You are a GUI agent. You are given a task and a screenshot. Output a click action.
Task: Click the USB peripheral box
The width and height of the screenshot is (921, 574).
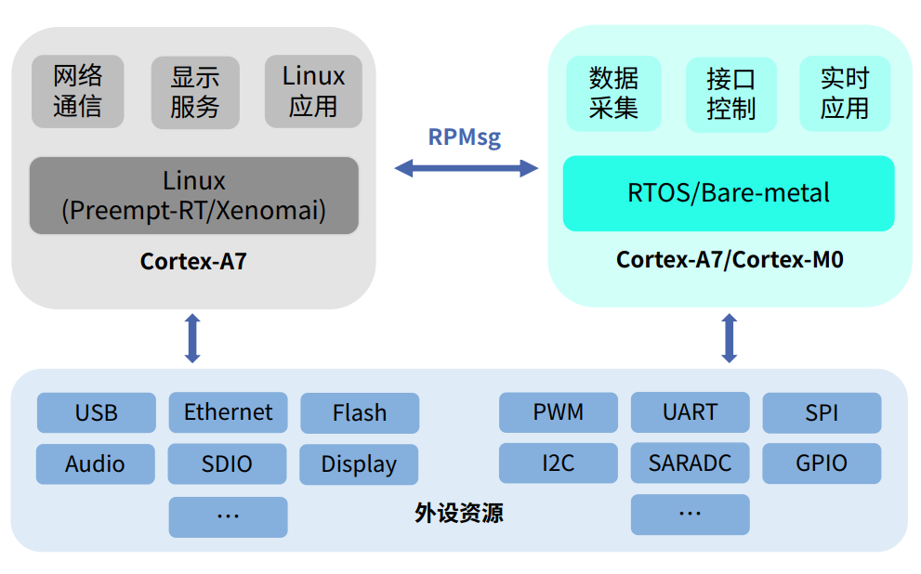pos(97,412)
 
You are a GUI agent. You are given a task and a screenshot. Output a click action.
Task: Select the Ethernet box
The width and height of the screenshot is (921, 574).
pos(228,412)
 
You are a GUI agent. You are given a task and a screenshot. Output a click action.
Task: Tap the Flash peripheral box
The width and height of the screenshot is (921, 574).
pos(360,413)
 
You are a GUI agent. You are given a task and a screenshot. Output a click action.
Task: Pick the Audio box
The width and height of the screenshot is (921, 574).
pos(95,464)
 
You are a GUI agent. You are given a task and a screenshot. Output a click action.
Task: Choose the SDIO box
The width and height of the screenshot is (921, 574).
pos(227,463)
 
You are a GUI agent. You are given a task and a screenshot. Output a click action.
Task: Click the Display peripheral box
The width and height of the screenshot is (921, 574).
pos(359,464)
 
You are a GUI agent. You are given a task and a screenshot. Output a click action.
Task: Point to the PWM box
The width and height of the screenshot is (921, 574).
pos(558,412)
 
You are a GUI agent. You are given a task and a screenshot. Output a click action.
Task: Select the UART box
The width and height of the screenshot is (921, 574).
pos(691,412)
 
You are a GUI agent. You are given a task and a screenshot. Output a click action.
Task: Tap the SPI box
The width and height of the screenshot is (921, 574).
pos(822,413)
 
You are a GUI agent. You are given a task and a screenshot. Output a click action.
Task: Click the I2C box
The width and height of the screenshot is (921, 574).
pos(558,463)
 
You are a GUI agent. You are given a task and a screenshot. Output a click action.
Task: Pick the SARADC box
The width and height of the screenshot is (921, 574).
pos(691,463)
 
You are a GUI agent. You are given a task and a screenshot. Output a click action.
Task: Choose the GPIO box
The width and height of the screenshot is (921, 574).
pos(822,463)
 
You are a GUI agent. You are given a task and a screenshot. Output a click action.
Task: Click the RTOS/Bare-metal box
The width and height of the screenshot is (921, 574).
pos(729,193)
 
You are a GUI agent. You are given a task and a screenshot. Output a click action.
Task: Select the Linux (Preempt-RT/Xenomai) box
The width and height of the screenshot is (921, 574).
pos(194,195)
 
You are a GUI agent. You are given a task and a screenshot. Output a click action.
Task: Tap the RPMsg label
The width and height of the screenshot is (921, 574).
pos(465,137)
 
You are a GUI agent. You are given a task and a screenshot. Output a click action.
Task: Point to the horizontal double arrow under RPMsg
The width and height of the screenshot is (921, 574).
pos(466,168)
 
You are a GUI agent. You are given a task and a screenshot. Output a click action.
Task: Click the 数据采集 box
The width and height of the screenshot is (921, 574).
pos(613,93)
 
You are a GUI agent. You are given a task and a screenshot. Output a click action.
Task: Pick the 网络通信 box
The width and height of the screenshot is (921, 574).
pos(77,92)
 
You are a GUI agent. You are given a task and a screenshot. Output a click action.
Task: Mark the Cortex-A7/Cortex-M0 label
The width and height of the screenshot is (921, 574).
pos(730,259)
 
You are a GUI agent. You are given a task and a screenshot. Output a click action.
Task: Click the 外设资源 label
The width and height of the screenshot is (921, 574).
pos(459,513)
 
